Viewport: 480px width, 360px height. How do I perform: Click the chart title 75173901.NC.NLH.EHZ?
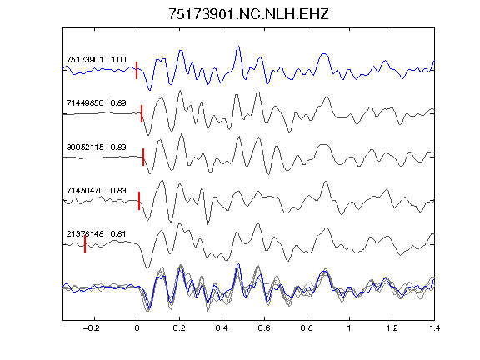(248, 14)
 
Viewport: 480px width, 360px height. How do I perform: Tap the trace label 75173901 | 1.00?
(96, 59)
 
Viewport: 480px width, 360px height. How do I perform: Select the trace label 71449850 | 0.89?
(96, 102)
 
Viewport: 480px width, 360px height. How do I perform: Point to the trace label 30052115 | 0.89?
(96, 147)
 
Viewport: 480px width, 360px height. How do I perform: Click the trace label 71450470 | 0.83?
(96, 190)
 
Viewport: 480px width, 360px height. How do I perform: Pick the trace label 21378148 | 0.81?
(96, 234)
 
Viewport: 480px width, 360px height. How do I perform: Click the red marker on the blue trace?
(137, 70)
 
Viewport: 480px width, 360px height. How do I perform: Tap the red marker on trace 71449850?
(142, 113)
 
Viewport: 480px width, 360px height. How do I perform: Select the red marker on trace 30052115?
(143, 157)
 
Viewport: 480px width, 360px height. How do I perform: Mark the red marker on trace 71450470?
(139, 201)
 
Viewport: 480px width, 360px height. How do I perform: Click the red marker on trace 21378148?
(85, 244)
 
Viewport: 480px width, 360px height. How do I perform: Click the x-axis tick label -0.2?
(92, 328)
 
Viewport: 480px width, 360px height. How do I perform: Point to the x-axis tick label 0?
(137, 328)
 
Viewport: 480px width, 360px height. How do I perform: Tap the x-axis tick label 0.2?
(179, 328)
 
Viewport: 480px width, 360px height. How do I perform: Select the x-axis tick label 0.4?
(222, 328)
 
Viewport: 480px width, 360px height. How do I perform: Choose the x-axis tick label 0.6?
(264, 328)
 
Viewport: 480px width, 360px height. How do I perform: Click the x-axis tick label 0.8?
(307, 328)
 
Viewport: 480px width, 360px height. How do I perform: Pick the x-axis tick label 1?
(349, 328)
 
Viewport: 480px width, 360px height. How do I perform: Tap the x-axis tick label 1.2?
(392, 328)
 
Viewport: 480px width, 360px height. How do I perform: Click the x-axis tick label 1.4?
(435, 328)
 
